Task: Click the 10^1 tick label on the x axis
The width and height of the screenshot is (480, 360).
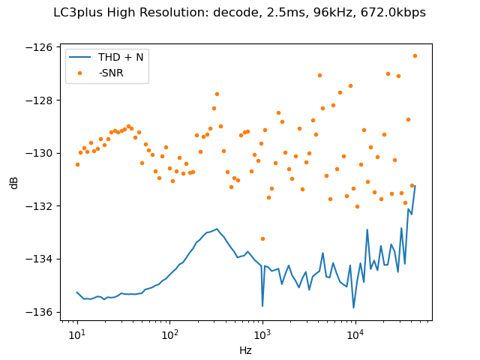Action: [x=77, y=333]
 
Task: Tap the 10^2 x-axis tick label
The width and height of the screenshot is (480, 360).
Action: [x=169, y=333]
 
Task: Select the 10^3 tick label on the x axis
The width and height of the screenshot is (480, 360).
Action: [x=262, y=333]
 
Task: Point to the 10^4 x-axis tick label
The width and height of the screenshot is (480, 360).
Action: [x=355, y=333]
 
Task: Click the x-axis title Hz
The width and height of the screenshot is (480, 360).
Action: [x=245, y=350]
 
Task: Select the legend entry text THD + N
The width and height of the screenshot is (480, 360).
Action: [x=121, y=57]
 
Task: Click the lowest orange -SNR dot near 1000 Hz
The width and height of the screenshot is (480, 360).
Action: [x=262, y=238]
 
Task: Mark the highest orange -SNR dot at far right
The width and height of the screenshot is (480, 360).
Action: [x=415, y=55]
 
